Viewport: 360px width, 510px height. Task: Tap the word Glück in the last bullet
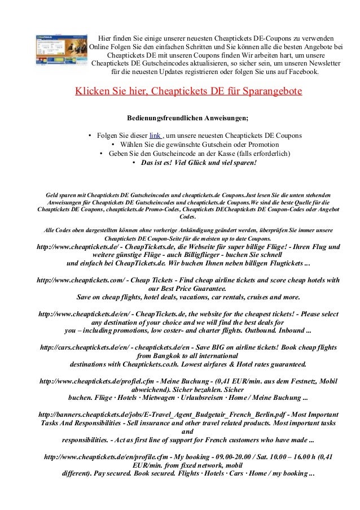pos(193,163)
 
